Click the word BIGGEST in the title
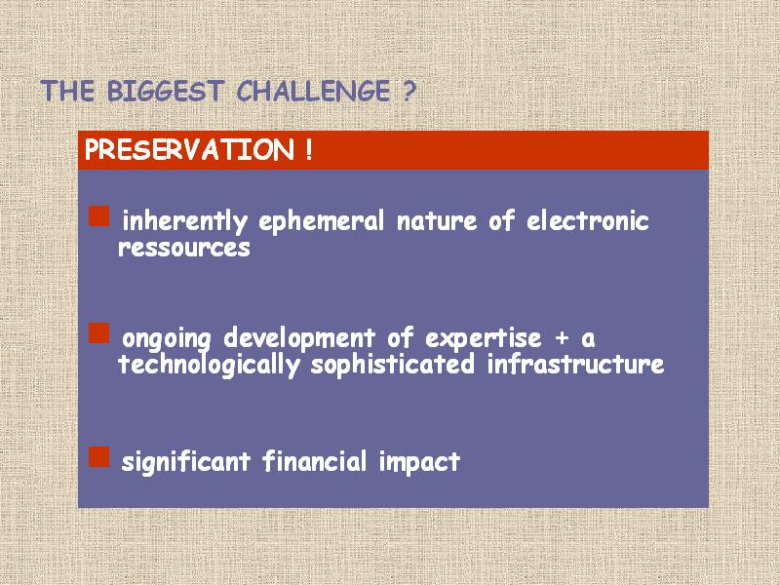(164, 91)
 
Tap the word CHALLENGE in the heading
(313, 91)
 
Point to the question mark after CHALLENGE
(407, 91)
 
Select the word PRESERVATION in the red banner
(189, 149)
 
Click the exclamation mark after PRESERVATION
(309, 149)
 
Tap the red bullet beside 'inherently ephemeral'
(99, 216)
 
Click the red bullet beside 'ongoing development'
(99, 333)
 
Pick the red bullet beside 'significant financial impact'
(99, 456)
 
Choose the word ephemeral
(322, 221)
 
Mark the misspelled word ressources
(184, 248)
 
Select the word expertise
(483, 338)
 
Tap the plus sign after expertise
(562, 337)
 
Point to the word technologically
(209, 365)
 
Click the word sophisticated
(393, 365)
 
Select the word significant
(185, 462)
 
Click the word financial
(314, 460)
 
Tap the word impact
(419, 462)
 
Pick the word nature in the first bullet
(437, 221)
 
